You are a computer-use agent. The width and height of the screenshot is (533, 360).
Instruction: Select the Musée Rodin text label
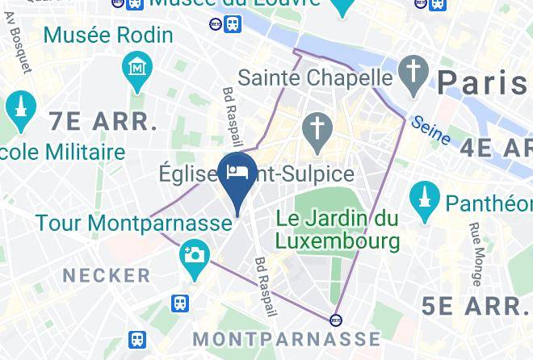[x=108, y=36]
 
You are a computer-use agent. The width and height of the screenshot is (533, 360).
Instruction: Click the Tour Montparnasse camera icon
[x=195, y=256]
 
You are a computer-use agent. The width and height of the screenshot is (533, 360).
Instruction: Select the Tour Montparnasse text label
[x=133, y=223]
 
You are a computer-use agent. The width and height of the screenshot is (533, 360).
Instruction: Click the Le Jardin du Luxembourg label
[x=337, y=229]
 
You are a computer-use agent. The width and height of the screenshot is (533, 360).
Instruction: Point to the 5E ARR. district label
[x=474, y=306]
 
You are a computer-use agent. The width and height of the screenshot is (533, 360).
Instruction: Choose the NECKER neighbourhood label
[x=107, y=275]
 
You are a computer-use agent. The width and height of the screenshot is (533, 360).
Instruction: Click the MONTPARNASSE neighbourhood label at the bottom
[x=287, y=337]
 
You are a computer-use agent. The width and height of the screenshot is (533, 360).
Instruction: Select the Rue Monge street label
[x=476, y=254]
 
